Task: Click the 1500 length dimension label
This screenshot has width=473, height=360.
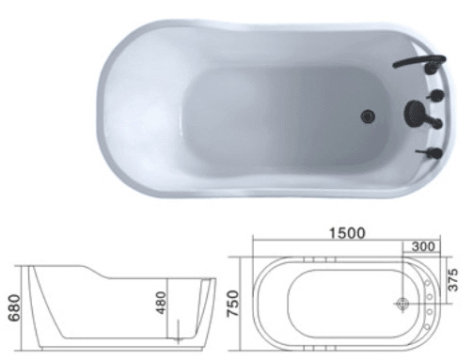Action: [347, 233]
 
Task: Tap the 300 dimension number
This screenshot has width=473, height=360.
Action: [423, 247]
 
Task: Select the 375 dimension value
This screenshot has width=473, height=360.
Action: [453, 280]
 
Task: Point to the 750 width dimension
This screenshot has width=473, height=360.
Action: [233, 303]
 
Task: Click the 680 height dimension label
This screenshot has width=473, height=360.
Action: [15, 307]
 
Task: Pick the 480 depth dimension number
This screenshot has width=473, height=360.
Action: [161, 303]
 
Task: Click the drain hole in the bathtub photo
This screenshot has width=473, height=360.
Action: [368, 117]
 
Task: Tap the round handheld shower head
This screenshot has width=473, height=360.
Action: [412, 111]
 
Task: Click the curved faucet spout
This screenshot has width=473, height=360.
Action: [419, 60]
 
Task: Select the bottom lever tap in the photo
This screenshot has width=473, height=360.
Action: [431, 153]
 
